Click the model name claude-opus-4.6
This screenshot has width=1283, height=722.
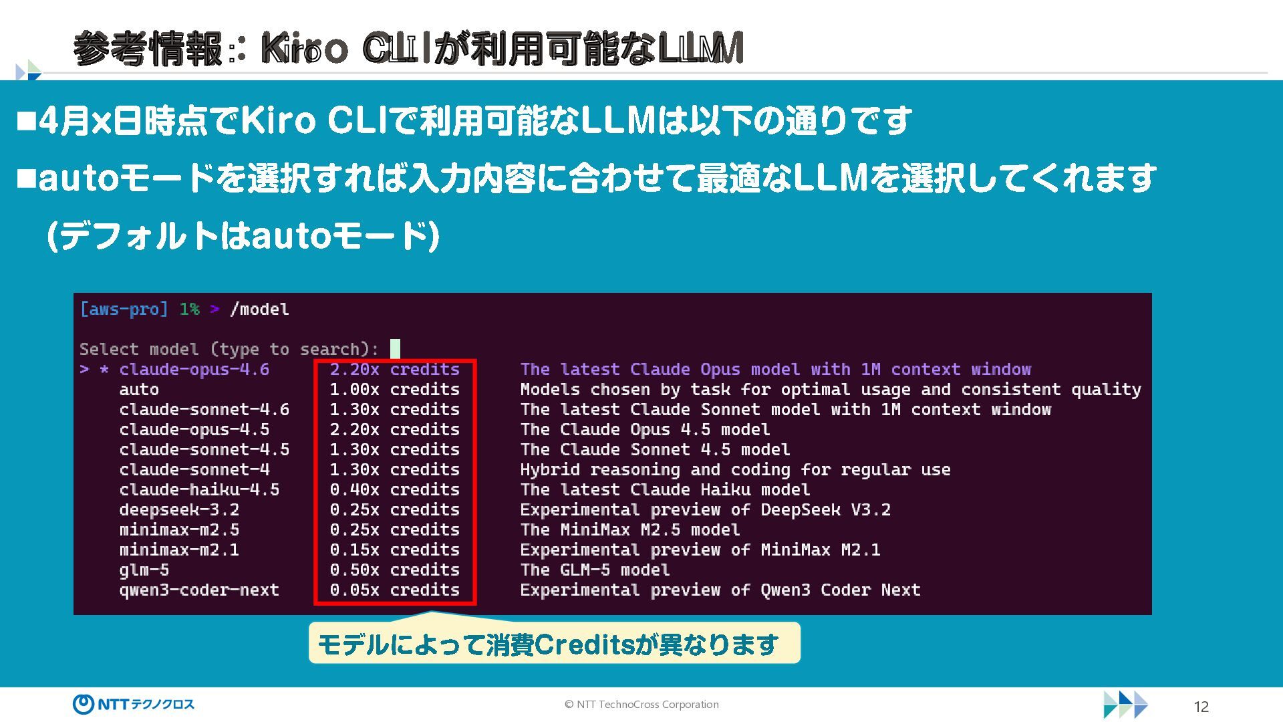[x=194, y=370]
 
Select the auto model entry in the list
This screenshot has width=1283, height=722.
[x=139, y=390]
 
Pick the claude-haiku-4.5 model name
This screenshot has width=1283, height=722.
[x=199, y=490]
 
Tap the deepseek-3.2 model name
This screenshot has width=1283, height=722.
[x=179, y=510]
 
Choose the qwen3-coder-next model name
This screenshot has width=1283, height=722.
[x=199, y=590]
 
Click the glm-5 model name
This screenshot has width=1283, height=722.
[x=144, y=570]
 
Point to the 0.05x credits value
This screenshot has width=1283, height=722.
[x=394, y=590]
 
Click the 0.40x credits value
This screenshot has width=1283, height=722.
[x=394, y=490]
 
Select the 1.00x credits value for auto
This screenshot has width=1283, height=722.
[x=394, y=390]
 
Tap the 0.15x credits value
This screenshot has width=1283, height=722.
[x=394, y=550]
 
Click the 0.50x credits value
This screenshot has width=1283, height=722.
[x=394, y=570]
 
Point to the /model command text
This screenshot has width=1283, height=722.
[x=259, y=310]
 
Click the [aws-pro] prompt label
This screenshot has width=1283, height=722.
[x=124, y=310]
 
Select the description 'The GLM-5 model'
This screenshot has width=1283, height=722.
[x=595, y=570]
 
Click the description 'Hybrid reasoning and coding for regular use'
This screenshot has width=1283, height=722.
[x=735, y=470]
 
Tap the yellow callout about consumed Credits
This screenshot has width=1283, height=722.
[x=553, y=644]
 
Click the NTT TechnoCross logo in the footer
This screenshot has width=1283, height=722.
[x=134, y=704]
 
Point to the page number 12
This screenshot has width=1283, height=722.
[x=1201, y=707]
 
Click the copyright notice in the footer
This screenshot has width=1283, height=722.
[x=641, y=705]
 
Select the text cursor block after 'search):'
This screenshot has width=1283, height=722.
[x=395, y=349]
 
